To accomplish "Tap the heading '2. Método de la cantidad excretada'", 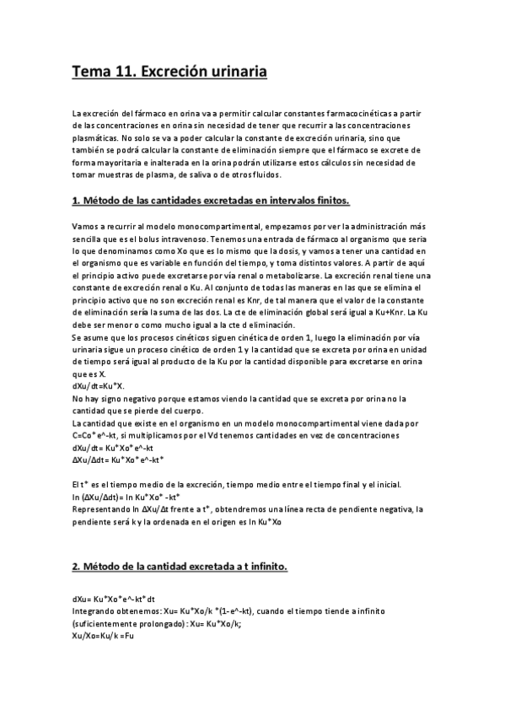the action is click(x=180, y=567).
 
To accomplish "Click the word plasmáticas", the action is click(x=98, y=138).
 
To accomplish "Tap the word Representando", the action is click(x=104, y=510).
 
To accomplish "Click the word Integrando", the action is click(x=96, y=611).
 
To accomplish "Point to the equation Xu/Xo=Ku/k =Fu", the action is click(x=104, y=636).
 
